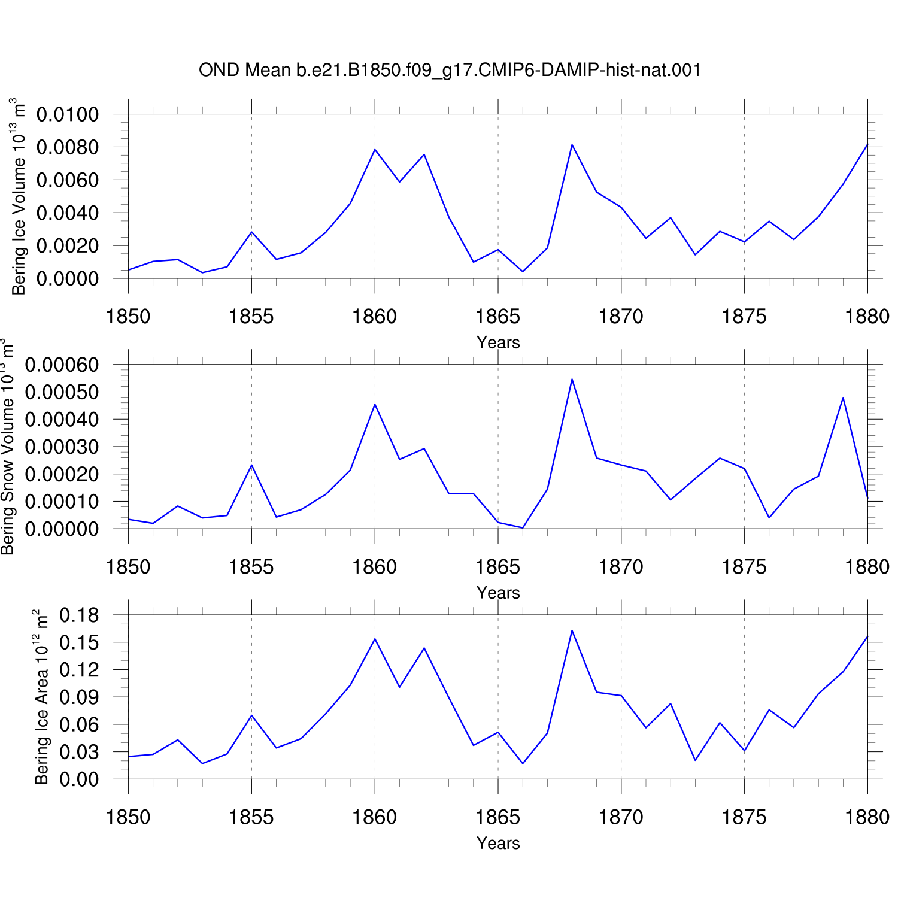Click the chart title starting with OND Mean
[450, 71]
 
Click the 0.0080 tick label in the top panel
[68, 147]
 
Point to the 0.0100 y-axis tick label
[68, 114]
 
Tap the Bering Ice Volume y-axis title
[19, 196]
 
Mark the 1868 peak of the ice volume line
[572, 145]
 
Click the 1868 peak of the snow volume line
[572, 379]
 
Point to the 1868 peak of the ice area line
[572, 630]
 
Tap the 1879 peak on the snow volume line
[843, 398]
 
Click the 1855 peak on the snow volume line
[251, 465]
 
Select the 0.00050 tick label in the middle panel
[62, 392]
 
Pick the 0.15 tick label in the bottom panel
[79, 642]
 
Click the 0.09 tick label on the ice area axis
[79, 697]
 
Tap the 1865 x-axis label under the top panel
[498, 316]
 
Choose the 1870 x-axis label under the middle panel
[621, 566]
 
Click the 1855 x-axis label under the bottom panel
[251, 817]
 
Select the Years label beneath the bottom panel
[498, 843]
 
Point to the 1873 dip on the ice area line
[695, 760]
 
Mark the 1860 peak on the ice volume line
[375, 150]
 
